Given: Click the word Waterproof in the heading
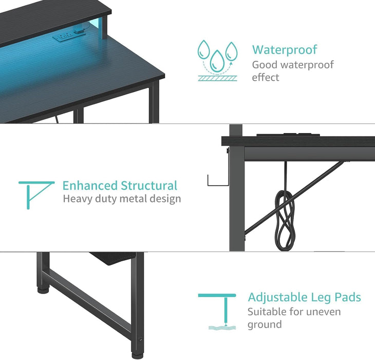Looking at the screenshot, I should [x=285, y=50].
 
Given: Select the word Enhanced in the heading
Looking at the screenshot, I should [x=90, y=185].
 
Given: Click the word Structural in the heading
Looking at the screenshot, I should [x=149, y=185].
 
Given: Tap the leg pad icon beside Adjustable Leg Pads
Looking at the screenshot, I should [x=217, y=311].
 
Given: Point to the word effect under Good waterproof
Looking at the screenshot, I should [x=266, y=78].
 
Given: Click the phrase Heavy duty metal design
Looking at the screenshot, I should [x=122, y=199].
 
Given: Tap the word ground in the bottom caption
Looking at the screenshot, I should [x=265, y=325].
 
